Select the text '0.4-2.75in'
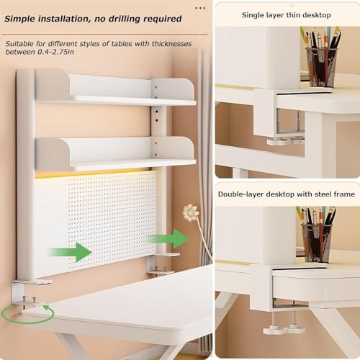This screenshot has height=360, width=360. point(55,52)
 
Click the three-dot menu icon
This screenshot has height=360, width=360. point(200,8)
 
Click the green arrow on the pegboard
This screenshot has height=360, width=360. point(70,252)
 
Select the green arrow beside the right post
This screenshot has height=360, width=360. point(169,238)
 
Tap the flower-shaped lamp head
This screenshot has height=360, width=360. point(191,212)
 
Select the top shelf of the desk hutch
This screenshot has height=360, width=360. point(114,89)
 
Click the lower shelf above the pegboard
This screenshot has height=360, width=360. point(115,153)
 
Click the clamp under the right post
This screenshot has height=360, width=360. point(163,265)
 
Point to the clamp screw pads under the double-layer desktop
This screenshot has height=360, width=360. point(284,329)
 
